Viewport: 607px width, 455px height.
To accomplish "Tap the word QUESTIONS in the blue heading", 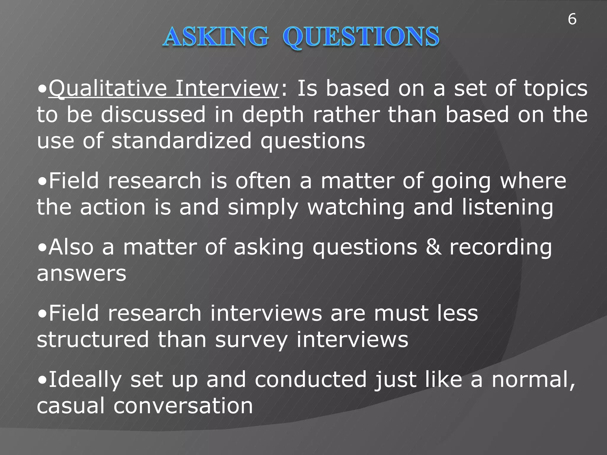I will (361, 37).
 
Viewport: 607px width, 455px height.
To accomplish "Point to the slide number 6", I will (572, 20).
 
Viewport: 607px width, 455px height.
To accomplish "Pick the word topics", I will (555, 89).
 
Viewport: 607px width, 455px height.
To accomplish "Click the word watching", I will (356, 207).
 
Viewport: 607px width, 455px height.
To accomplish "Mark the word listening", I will (507, 207).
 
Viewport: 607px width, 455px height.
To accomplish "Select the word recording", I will (501, 248).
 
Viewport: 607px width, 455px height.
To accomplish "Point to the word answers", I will (82, 273).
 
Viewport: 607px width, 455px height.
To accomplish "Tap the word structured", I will (92, 339).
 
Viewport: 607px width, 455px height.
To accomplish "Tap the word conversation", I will (183, 406).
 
